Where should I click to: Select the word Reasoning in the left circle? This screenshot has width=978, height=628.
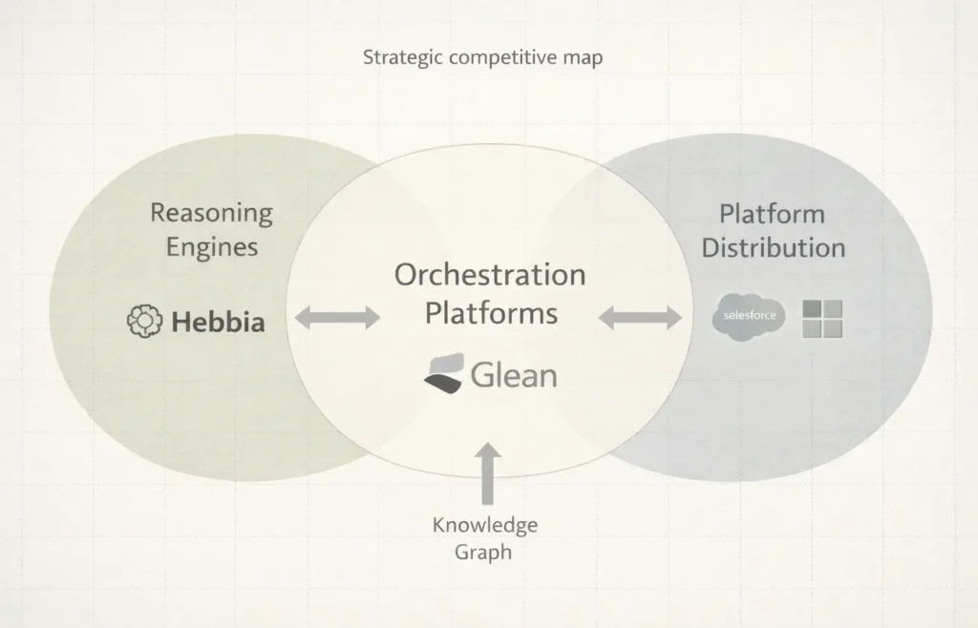[211, 213]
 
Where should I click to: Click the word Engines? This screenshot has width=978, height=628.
[212, 247]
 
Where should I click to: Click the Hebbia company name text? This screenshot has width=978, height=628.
[218, 323]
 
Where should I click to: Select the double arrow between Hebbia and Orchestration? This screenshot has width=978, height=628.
[337, 319]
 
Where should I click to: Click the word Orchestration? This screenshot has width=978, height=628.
[490, 275]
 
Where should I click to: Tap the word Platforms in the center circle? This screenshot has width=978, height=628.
[491, 312]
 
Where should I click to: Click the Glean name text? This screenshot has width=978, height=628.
[513, 374]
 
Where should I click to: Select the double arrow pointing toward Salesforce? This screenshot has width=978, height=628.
[641, 319]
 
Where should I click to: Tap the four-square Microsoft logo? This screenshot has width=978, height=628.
[822, 319]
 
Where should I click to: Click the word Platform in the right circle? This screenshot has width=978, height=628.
[772, 213]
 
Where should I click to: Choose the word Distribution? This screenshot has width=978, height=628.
[773, 247]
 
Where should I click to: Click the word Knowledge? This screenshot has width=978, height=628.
[484, 525]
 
